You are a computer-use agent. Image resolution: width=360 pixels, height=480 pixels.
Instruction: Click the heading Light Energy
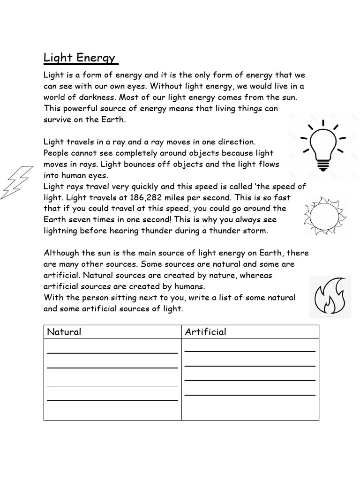[x=79, y=58]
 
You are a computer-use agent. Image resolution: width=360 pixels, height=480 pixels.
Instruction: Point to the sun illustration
[x=325, y=216]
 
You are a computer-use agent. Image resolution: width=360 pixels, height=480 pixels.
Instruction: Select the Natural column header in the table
[x=64, y=332]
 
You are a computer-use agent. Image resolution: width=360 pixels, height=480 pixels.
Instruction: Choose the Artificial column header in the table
[x=205, y=332]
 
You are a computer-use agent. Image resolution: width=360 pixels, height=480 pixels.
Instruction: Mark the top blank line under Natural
[x=112, y=352]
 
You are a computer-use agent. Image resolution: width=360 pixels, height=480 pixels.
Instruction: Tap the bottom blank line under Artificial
[x=249, y=395]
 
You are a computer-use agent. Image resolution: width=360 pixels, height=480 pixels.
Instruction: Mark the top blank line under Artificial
[x=249, y=351]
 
